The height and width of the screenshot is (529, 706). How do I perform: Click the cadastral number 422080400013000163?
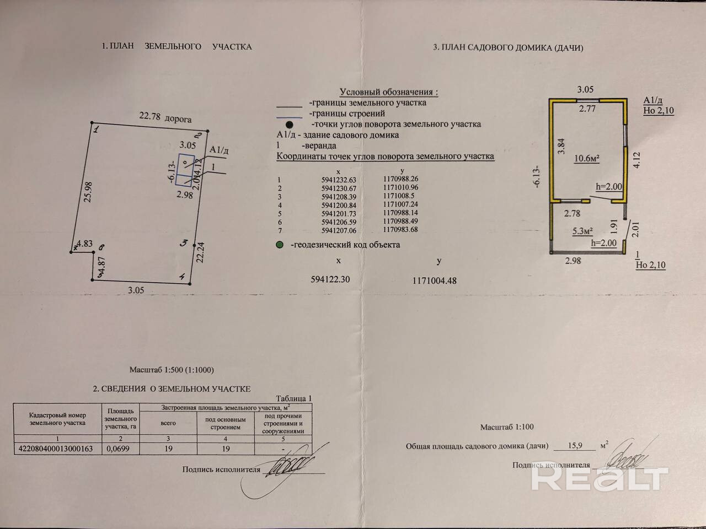tap(56, 449)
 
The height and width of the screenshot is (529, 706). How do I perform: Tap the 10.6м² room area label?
tap(587, 158)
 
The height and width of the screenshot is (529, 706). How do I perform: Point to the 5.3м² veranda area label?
tap(582, 231)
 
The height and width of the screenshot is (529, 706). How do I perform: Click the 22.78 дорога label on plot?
tap(165, 117)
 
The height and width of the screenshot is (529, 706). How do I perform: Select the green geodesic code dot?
tap(280, 245)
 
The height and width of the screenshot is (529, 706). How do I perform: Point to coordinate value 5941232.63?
tap(339, 180)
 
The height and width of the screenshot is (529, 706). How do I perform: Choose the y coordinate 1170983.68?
tap(400, 230)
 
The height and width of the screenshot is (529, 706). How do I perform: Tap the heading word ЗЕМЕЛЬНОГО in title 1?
tap(173, 47)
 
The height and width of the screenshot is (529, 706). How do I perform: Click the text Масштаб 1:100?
tap(507, 427)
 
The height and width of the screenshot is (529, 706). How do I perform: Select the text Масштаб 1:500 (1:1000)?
tap(172, 370)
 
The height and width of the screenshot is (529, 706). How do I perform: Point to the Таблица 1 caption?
tap(293, 398)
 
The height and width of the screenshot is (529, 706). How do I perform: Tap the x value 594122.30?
tap(331, 279)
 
